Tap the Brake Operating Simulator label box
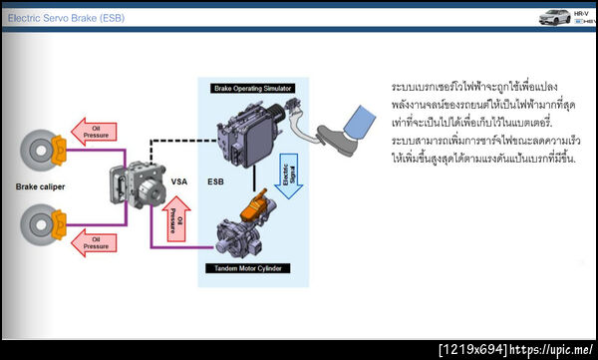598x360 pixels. point(255,89)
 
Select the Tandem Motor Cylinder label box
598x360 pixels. point(255,268)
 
